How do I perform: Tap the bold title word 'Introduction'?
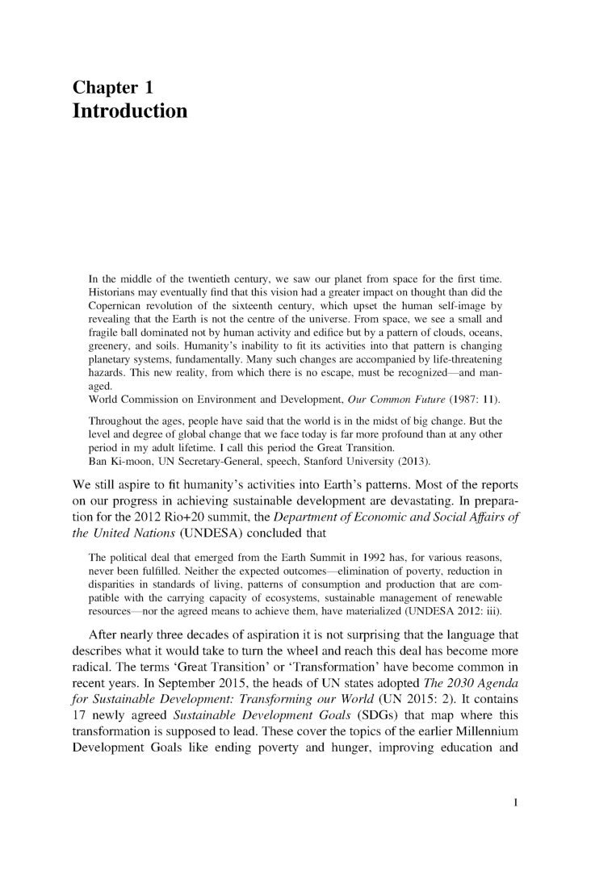(x=130, y=111)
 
